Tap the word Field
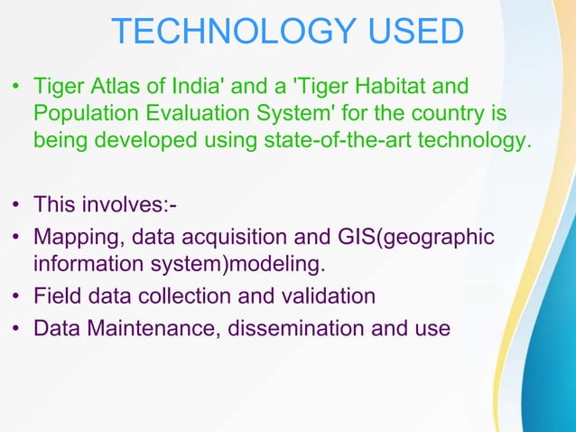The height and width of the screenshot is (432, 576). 56,296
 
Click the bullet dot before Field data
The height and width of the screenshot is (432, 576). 16,296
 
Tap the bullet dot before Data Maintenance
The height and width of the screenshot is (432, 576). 16,328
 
